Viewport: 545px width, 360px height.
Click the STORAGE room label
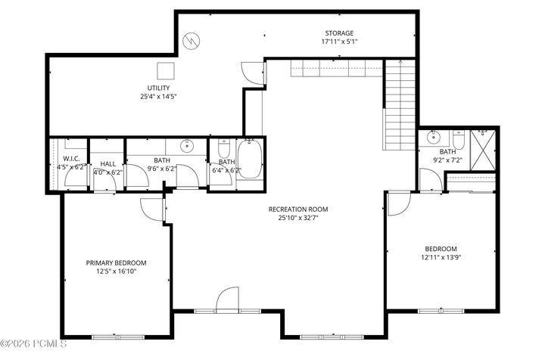pos(339,33)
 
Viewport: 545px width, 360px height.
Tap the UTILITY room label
pos(158,88)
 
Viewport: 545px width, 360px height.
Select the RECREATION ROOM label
pos(298,209)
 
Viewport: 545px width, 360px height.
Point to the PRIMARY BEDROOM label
pos(116,262)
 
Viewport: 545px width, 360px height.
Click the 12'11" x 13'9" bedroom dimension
pos(441,257)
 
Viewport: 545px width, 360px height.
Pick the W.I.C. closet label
pos(71,159)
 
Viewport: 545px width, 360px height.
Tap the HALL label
pos(108,164)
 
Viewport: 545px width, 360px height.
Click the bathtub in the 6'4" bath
pos(250,159)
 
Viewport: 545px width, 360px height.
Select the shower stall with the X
pos(483,150)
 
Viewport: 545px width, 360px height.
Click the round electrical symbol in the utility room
pos(192,41)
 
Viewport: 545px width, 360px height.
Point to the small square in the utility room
pos(166,71)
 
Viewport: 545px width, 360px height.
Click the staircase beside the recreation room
pos(400,105)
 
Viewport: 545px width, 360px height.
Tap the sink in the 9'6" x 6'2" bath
pos(188,146)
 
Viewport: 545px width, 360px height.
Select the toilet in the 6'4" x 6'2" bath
pos(223,148)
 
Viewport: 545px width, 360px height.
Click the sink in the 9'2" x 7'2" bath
pos(434,137)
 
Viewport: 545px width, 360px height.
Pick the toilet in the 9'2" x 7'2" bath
pos(459,140)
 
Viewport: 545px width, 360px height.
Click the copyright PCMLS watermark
pos(33,344)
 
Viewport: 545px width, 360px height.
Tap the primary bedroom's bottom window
pos(118,337)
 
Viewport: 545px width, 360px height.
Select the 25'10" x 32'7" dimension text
pos(298,218)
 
